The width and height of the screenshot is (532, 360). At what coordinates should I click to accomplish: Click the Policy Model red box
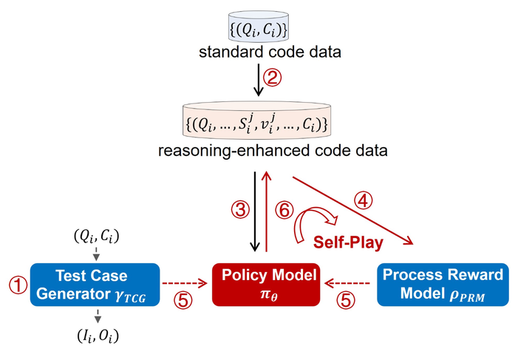(266, 285)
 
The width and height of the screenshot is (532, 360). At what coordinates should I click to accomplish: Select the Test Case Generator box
(95, 285)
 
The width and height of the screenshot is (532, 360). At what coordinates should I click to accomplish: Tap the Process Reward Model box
(443, 285)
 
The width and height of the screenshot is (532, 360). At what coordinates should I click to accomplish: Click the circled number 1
(18, 285)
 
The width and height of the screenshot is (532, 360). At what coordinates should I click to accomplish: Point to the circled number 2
(273, 78)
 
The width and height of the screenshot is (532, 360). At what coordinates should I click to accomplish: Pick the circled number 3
(241, 210)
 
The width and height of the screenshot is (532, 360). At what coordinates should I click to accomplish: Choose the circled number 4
(363, 201)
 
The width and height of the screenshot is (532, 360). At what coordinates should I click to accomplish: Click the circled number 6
(284, 210)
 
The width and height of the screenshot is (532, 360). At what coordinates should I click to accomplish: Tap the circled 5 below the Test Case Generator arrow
(183, 300)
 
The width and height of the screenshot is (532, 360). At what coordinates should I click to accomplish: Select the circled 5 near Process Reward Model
(346, 300)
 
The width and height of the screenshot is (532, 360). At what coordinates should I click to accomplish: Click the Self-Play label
(348, 242)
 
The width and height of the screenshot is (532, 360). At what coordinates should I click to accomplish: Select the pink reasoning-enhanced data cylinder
(257, 121)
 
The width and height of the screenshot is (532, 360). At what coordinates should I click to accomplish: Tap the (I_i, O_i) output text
(98, 336)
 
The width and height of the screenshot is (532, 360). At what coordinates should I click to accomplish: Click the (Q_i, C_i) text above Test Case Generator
(97, 236)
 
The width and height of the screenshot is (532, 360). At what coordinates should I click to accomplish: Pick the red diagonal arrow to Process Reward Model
(353, 211)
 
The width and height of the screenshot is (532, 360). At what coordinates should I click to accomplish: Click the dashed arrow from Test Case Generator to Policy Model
(185, 283)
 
